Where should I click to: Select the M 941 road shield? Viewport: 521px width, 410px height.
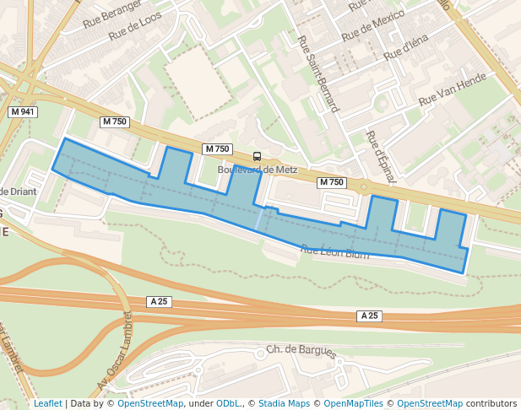[23, 112]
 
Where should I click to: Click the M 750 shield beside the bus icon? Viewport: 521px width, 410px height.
[217, 149]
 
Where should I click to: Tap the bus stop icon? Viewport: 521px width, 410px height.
[257, 156]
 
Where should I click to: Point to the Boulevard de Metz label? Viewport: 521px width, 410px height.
[258, 170]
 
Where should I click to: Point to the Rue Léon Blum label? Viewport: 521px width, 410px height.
[335, 251]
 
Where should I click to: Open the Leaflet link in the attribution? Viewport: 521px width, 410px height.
[47, 403]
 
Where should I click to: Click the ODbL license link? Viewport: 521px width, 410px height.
[228, 403]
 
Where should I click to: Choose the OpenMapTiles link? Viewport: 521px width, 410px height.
[354, 403]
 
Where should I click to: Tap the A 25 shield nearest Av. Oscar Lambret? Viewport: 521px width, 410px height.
[158, 301]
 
